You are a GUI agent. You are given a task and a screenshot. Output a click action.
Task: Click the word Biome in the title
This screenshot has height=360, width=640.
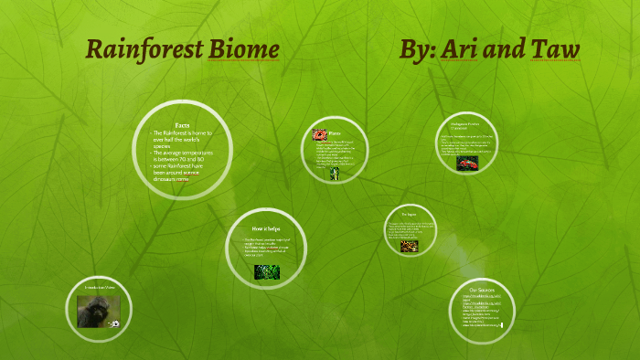[x=243, y=49]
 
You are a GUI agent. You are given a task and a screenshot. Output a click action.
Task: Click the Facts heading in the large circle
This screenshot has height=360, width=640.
[x=183, y=124]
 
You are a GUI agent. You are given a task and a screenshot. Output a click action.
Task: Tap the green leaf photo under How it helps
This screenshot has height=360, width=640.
[x=267, y=271]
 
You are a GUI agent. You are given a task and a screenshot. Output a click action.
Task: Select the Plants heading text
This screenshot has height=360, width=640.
[x=336, y=133]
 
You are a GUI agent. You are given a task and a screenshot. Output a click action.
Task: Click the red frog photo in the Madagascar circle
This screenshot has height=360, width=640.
[x=468, y=163]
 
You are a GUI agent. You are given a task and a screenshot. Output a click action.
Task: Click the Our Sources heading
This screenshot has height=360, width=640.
[x=482, y=290]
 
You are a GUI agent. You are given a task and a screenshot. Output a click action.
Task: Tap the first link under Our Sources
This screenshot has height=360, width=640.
[x=482, y=299]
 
